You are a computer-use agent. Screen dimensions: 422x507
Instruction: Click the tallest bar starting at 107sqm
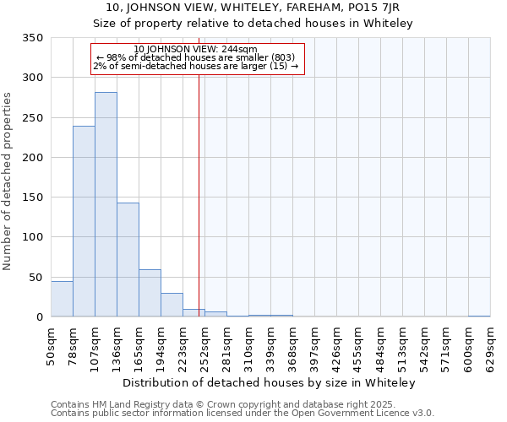(106, 204)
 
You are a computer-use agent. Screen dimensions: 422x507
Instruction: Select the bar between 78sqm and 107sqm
(84, 221)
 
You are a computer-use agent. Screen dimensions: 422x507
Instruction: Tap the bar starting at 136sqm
(128, 260)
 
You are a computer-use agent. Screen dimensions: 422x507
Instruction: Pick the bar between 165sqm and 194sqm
(150, 293)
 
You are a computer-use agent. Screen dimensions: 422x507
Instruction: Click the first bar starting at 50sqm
(62, 299)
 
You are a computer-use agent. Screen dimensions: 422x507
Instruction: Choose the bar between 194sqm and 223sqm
(172, 305)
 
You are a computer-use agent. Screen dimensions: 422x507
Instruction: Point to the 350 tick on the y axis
(33, 38)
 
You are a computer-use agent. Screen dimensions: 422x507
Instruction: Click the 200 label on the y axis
(33, 158)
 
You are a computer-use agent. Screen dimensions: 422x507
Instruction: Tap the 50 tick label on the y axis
(36, 277)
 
